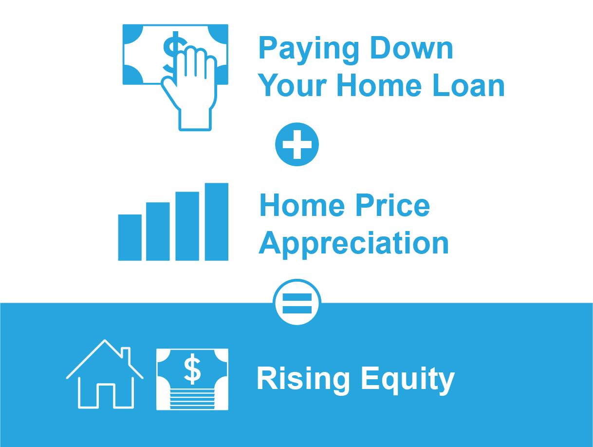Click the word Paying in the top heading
pos(309,51)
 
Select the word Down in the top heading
pos(411,48)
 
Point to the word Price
pos(392,206)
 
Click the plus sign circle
pos(297,144)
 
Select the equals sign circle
pos(297,303)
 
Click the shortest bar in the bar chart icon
pos(130,237)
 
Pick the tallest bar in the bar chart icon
pos(216,222)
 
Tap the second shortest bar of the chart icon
pos(158,232)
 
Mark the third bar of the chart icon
pos(187,226)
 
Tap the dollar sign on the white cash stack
pos(192,369)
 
